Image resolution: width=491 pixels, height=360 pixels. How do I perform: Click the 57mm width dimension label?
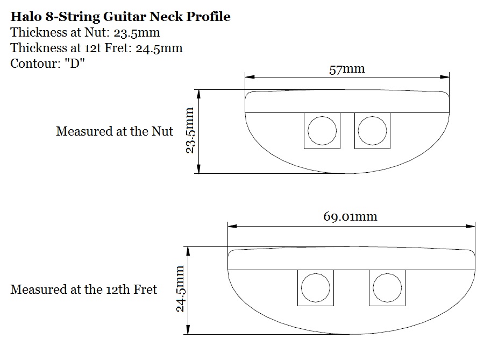click(346, 69)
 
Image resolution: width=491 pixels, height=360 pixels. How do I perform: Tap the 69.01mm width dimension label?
click(350, 216)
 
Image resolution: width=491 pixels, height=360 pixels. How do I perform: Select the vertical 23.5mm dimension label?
click(189, 131)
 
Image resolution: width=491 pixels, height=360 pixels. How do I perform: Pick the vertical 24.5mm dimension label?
click(180, 289)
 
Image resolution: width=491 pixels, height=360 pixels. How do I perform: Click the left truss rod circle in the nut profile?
click(322, 131)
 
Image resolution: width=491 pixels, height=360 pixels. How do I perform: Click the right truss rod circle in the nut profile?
click(372, 131)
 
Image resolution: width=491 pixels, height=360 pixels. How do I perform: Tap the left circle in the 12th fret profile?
click(315, 288)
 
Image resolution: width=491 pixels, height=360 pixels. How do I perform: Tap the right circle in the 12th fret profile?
click(387, 288)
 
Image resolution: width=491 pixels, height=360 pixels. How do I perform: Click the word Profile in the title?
click(208, 17)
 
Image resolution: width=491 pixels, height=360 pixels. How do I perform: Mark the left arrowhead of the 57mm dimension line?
click(248, 77)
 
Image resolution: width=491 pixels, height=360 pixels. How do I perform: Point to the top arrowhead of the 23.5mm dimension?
click(199, 93)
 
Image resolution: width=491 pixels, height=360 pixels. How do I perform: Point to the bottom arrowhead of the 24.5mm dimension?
click(189, 331)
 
